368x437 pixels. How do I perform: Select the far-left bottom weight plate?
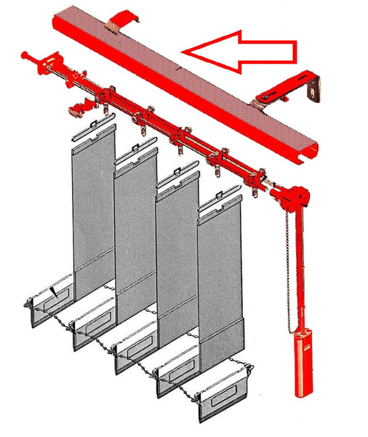pos(49,299)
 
